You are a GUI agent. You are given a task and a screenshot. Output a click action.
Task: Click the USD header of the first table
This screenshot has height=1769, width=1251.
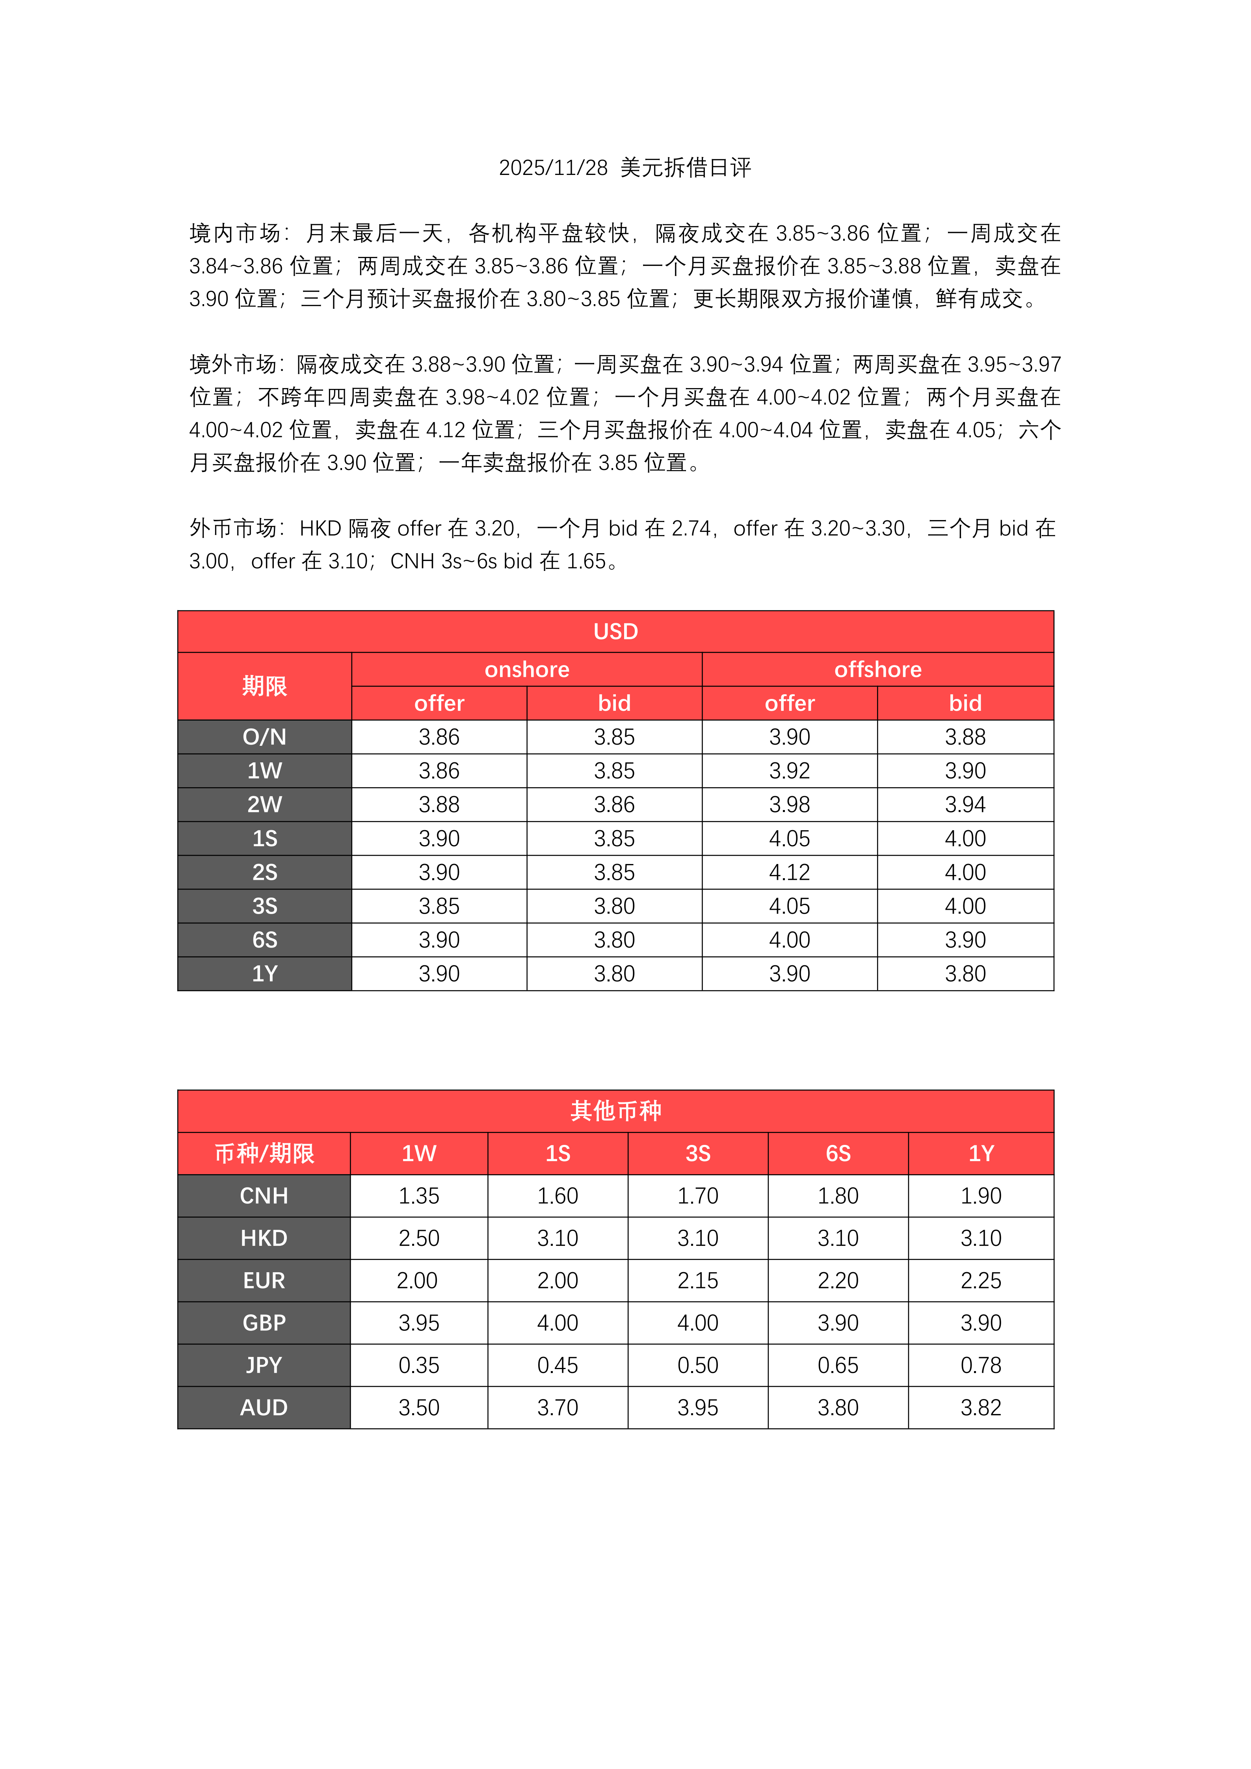click(615, 632)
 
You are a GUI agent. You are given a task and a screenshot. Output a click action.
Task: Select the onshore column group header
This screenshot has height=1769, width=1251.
click(527, 669)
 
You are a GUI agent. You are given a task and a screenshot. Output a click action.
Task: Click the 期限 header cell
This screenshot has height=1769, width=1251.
click(264, 686)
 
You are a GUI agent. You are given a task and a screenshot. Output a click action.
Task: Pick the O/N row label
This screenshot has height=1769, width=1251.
click(264, 737)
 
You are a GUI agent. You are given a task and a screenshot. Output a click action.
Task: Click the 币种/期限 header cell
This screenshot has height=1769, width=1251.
click(264, 1153)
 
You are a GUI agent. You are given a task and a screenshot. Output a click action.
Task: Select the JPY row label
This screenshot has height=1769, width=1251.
click(264, 1365)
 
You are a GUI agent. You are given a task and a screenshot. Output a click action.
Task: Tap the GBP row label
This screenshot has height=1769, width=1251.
click(264, 1323)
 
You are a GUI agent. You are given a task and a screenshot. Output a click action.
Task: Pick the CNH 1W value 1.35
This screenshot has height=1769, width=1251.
click(419, 1196)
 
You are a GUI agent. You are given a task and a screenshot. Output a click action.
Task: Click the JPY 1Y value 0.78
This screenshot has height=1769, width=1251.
click(981, 1365)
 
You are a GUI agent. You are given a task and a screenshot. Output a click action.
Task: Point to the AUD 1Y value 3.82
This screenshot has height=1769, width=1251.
click(981, 1408)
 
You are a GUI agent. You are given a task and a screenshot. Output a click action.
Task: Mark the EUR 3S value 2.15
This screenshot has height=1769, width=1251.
click(698, 1280)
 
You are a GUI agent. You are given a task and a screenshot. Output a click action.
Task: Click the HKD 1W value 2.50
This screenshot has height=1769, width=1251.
click(419, 1238)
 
